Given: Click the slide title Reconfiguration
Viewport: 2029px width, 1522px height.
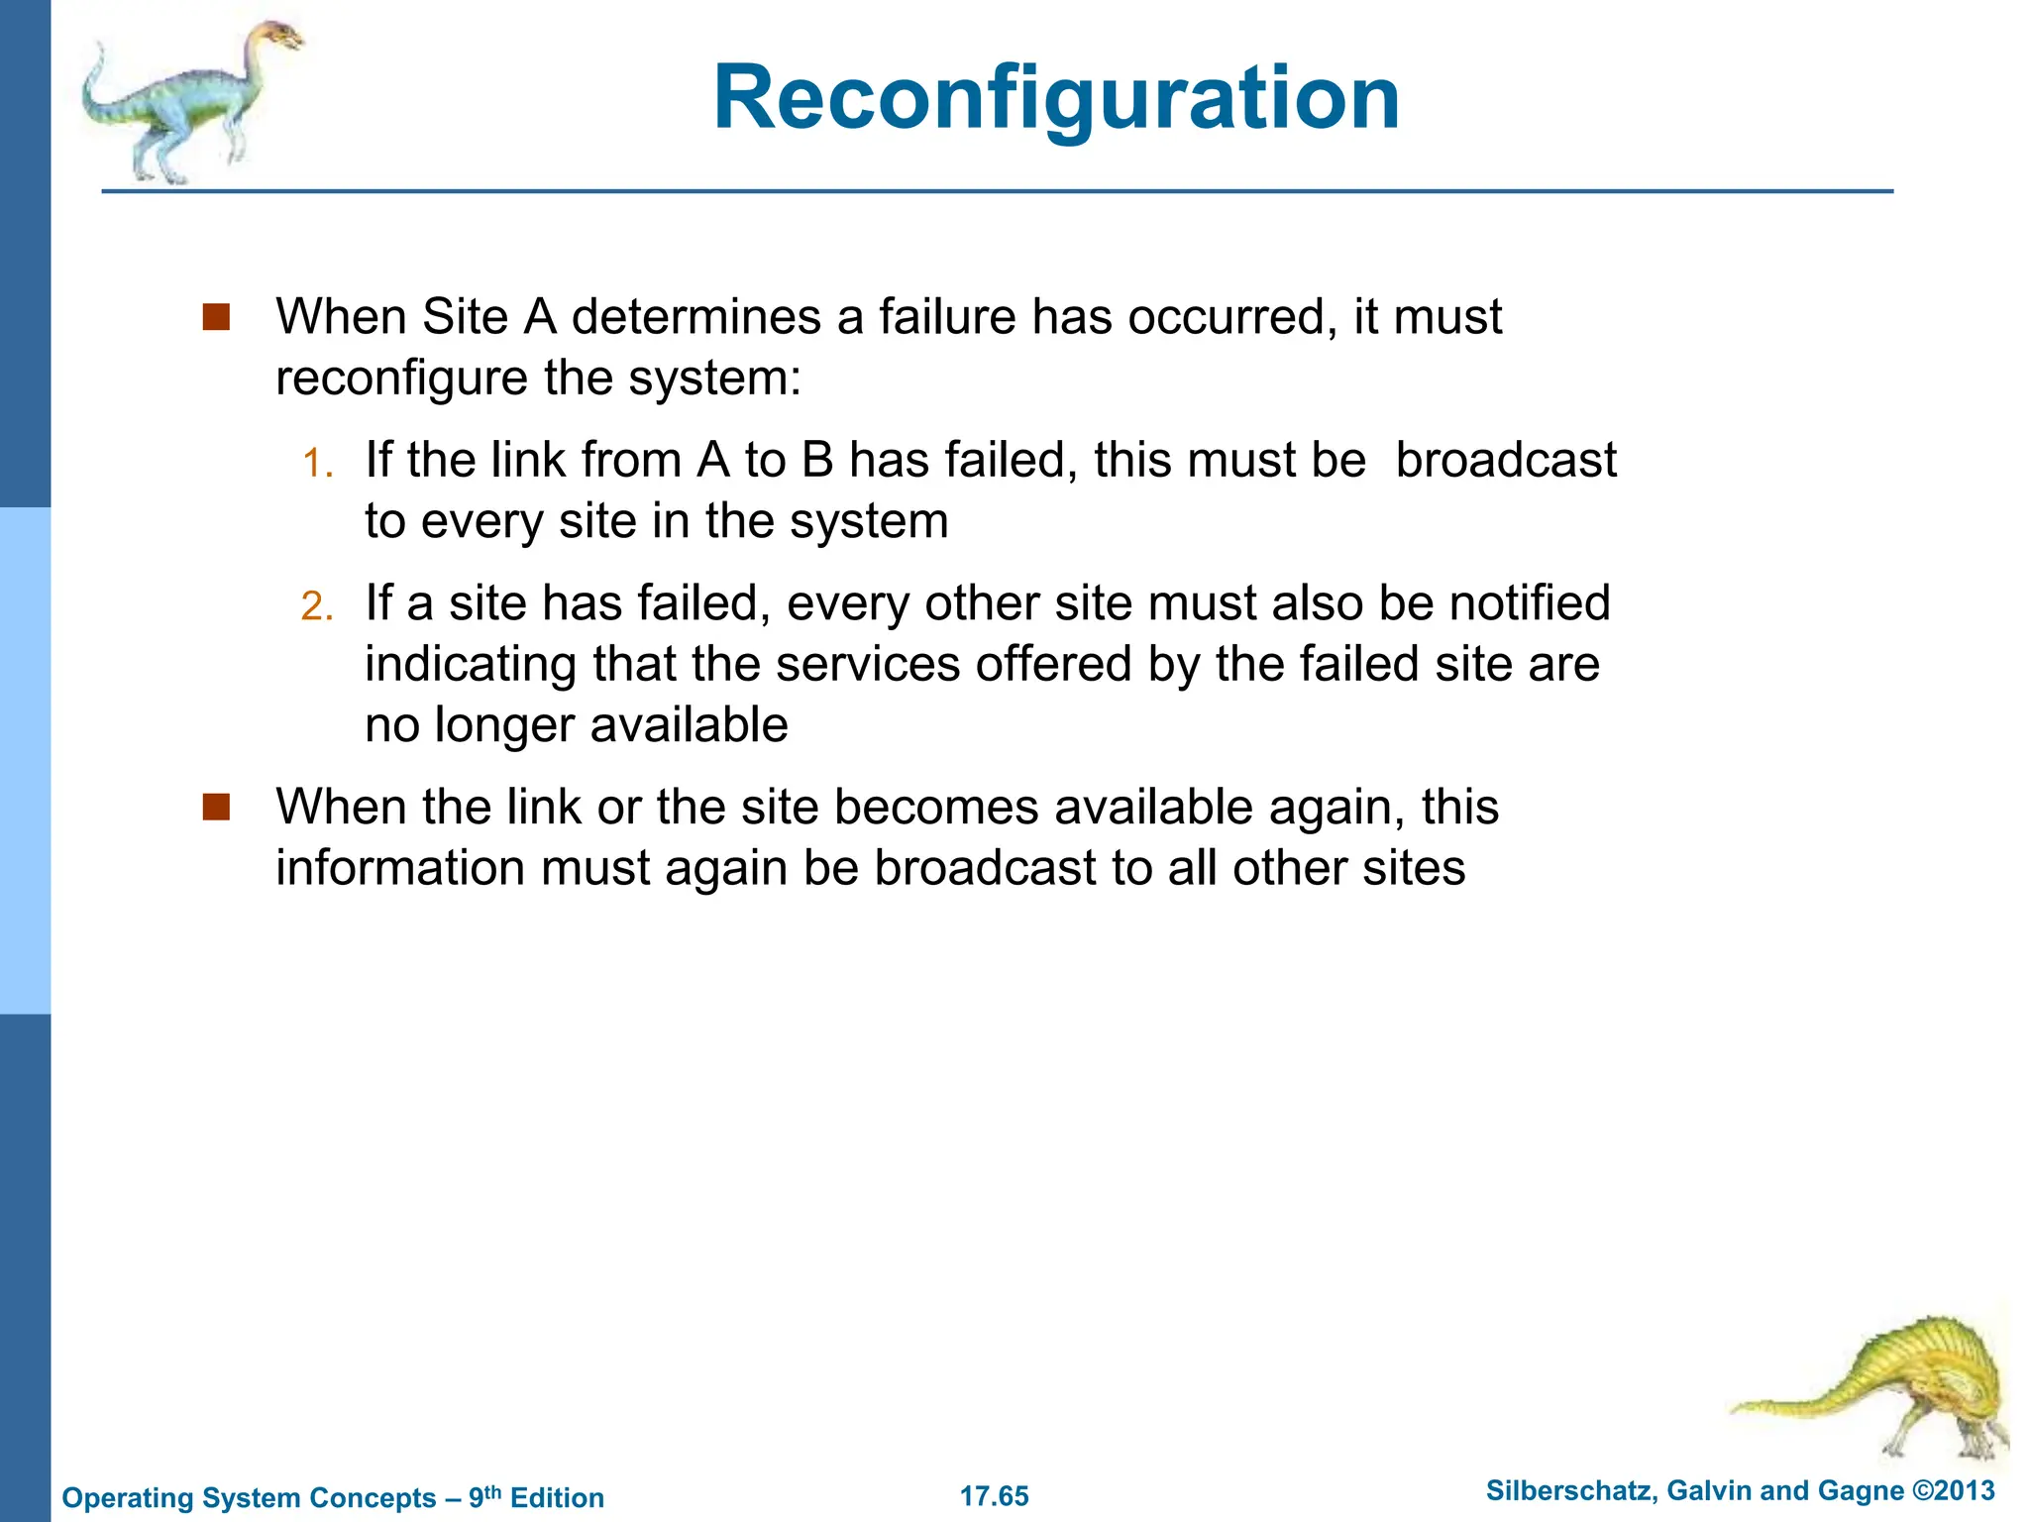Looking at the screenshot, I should (1056, 98).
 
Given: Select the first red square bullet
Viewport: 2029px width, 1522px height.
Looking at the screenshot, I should (216, 317).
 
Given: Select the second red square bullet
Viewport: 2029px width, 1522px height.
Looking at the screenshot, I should (216, 807).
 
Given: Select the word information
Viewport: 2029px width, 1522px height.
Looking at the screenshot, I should (400, 868).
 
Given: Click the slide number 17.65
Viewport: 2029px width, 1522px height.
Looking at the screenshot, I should (994, 1496).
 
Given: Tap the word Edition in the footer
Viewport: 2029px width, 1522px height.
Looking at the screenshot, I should (557, 1497).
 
